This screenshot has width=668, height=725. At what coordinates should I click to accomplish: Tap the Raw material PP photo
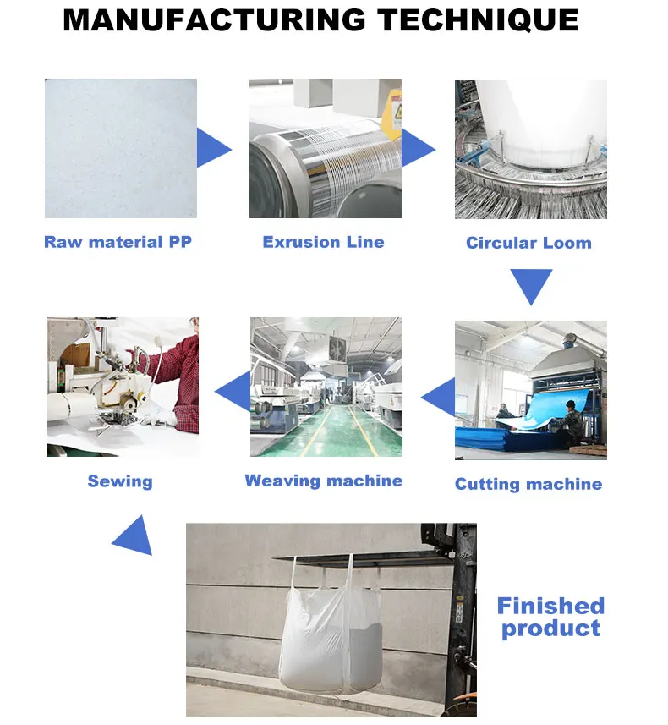[121, 148]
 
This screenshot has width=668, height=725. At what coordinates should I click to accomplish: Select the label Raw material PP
[118, 242]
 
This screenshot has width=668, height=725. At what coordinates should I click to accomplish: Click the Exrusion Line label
[323, 242]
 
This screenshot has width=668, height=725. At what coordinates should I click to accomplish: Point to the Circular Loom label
[528, 243]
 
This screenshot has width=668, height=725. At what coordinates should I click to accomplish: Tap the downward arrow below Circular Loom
[531, 284]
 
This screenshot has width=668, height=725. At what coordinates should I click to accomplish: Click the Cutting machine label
[528, 484]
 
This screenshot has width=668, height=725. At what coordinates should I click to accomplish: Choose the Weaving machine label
[323, 481]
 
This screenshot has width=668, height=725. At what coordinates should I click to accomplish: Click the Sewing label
[120, 481]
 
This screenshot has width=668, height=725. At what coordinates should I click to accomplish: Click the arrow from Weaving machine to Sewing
[234, 392]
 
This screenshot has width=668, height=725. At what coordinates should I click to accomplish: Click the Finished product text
[550, 617]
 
